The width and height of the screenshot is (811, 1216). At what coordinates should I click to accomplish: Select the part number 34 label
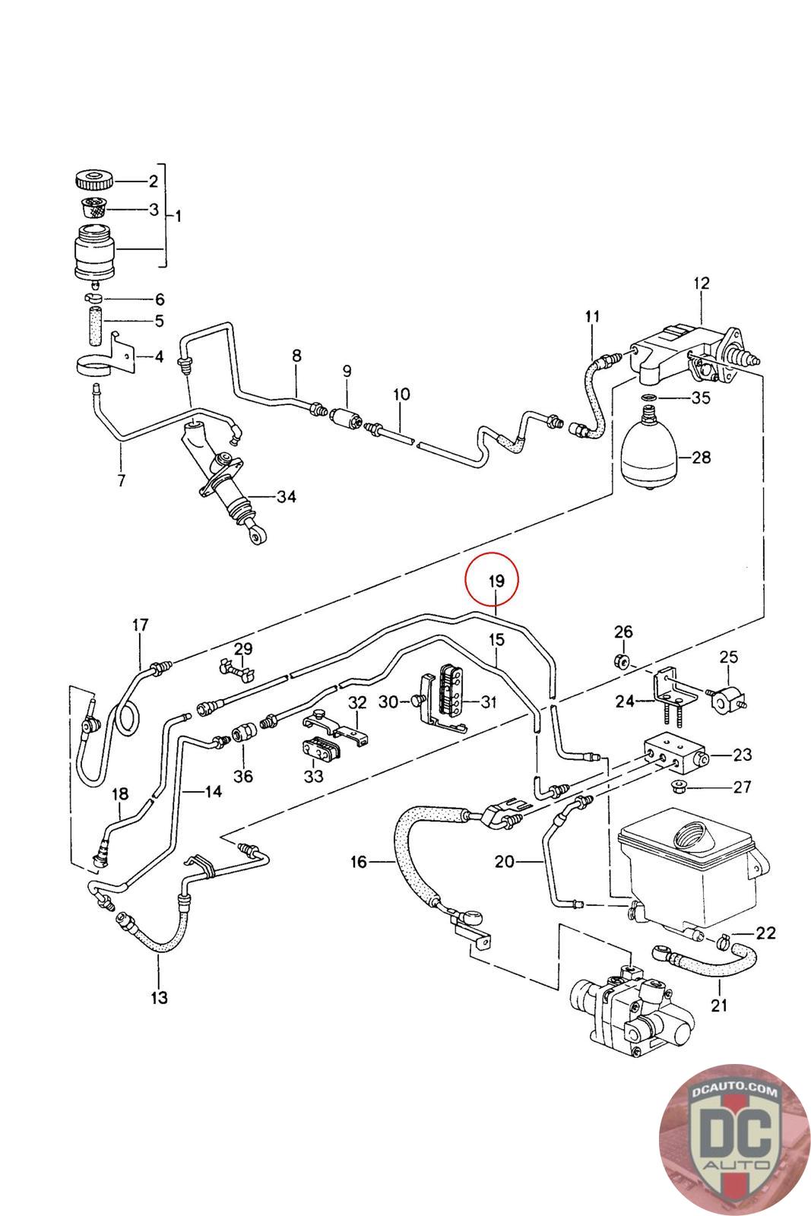click(x=286, y=497)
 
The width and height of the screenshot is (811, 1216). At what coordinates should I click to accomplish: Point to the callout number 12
click(x=701, y=283)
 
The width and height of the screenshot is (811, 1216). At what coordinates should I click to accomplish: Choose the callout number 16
click(x=359, y=862)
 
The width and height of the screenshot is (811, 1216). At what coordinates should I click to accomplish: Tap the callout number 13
click(x=159, y=998)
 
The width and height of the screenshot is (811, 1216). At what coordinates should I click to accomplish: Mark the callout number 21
click(x=719, y=1005)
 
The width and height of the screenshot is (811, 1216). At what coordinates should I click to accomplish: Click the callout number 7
click(x=122, y=480)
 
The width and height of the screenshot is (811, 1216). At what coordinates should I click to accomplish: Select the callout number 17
click(x=141, y=625)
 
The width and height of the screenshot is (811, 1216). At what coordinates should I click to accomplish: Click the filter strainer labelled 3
click(x=94, y=207)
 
